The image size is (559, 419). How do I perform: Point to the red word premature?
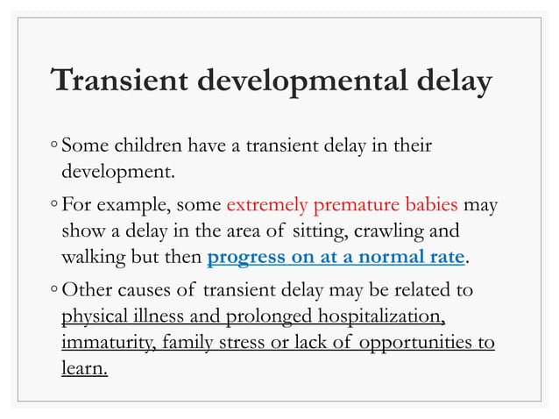click(357, 207)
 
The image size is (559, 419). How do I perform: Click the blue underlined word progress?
click(247, 258)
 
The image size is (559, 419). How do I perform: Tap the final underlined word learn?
click(84, 367)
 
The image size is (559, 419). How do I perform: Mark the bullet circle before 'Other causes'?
click(54, 291)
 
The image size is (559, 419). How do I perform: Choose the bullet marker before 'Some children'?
click(54, 144)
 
